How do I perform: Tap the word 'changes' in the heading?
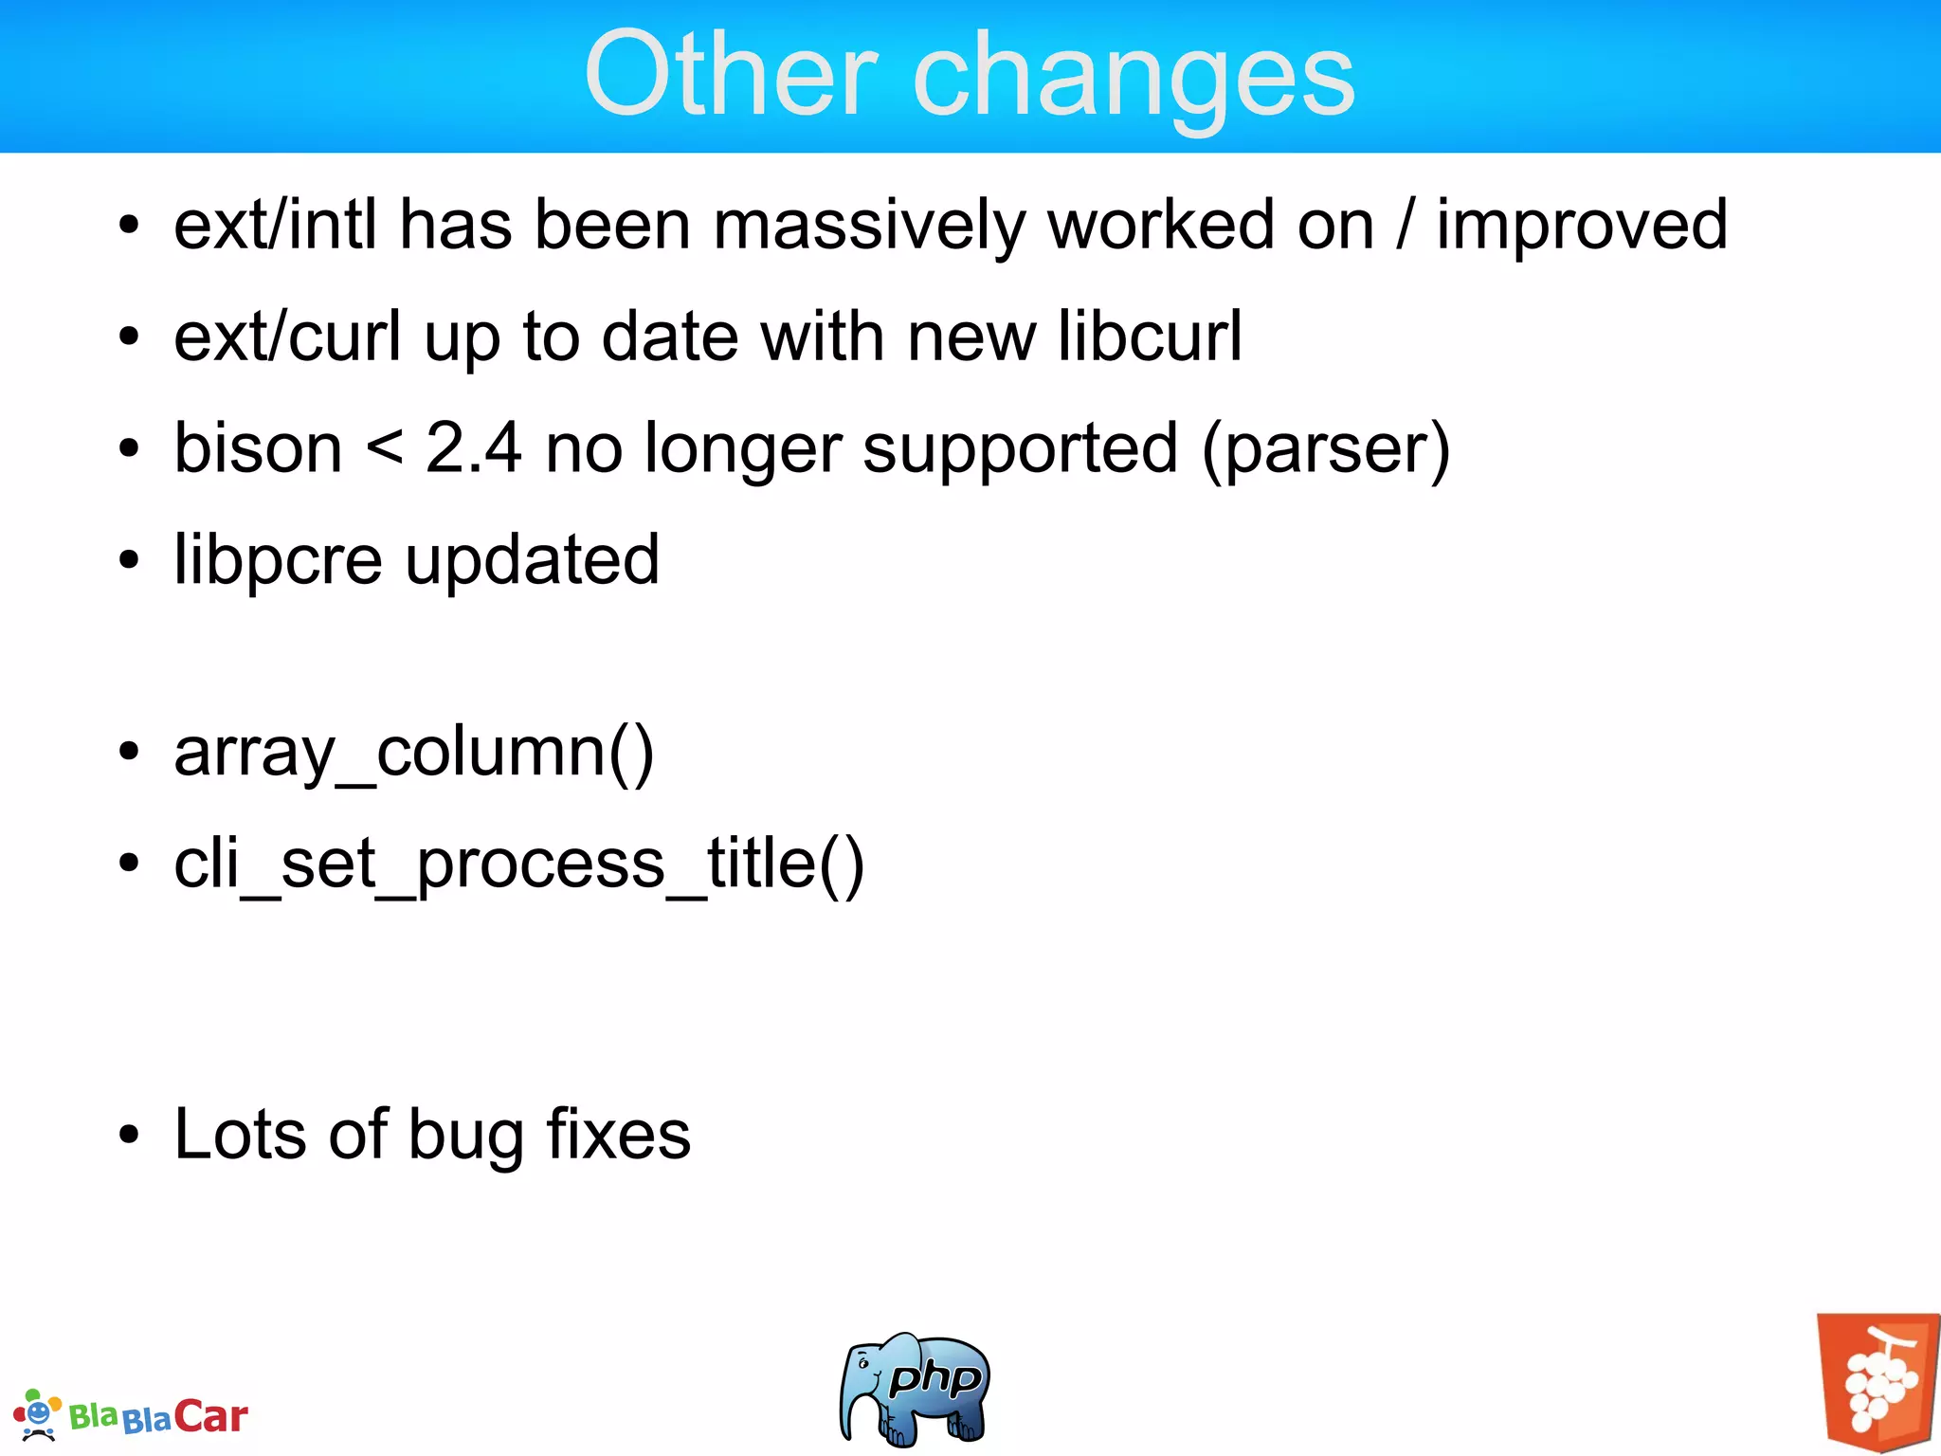(x=1134, y=81)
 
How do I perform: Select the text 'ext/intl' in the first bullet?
(x=276, y=226)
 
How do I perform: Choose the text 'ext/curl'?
(x=287, y=337)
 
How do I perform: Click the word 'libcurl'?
(x=1149, y=337)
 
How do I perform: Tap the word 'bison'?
(x=258, y=448)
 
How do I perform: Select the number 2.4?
(x=473, y=448)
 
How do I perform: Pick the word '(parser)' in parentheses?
(x=1325, y=450)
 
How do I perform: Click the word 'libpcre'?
(x=278, y=561)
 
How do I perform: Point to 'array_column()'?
(x=414, y=754)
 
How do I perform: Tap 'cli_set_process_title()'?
(x=518, y=864)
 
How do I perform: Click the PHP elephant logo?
(x=914, y=1389)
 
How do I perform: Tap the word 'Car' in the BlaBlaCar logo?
(x=210, y=1417)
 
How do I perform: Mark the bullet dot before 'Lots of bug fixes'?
(x=129, y=1135)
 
